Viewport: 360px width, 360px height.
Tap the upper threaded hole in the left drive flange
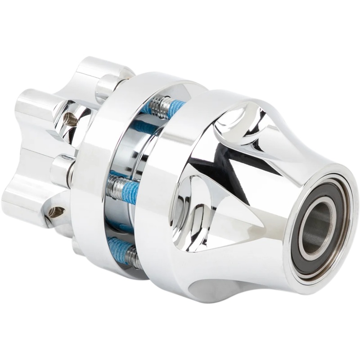pos(70,119)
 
